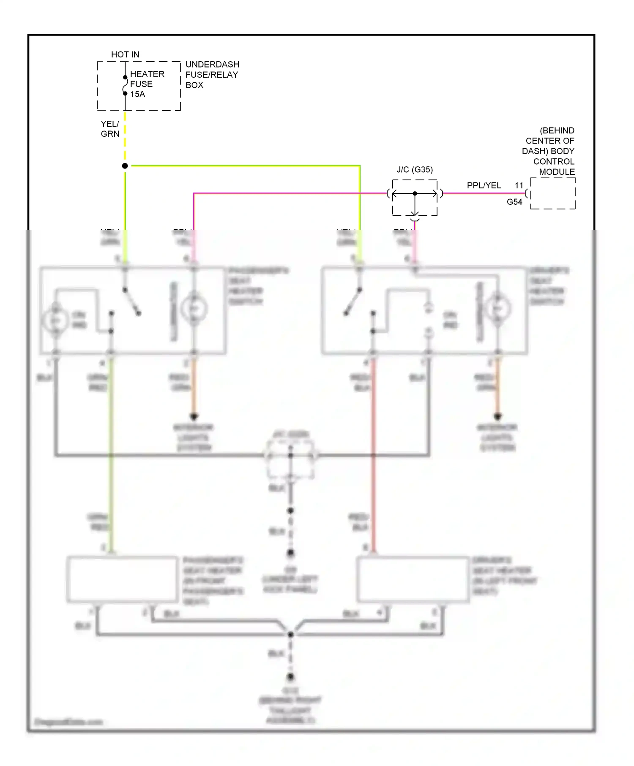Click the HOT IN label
click(125, 54)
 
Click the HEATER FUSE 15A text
click(146, 84)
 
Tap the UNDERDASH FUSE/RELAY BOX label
click(212, 75)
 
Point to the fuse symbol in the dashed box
click(125, 85)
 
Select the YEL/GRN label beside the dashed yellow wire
click(110, 129)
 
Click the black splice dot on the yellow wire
click(125, 166)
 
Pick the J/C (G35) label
click(415, 170)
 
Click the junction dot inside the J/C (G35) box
click(415, 193)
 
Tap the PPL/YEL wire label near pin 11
click(484, 185)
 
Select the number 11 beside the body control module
click(519, 185)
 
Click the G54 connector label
click(514, 202)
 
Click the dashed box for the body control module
click(553, 193)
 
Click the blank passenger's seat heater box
click(123, 579)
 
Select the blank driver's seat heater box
click(413, 579)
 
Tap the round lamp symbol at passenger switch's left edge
click(55, 321)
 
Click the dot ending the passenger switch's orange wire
click(194, 417)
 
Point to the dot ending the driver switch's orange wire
click(498, 417)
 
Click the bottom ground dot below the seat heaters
click(290, 677)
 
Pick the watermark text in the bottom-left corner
click(68, 722)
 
